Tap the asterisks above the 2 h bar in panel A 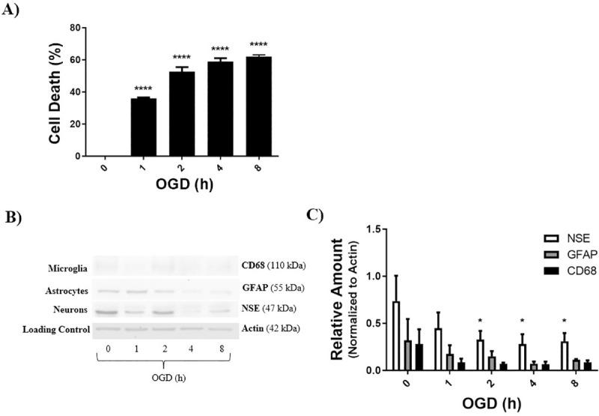tap(182, 58)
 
